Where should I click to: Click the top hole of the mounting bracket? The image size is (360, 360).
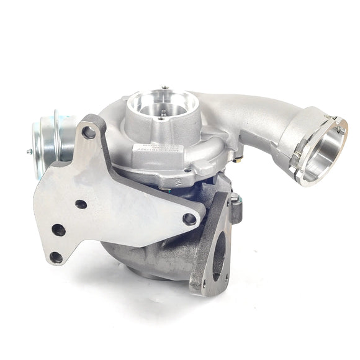click(x=89, y=131)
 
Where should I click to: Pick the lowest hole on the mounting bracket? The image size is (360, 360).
click(x=56, y=256)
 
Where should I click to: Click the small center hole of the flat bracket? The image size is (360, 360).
click(x=81, y=204)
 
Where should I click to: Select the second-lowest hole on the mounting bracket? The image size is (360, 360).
click(x=58, y=230)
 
